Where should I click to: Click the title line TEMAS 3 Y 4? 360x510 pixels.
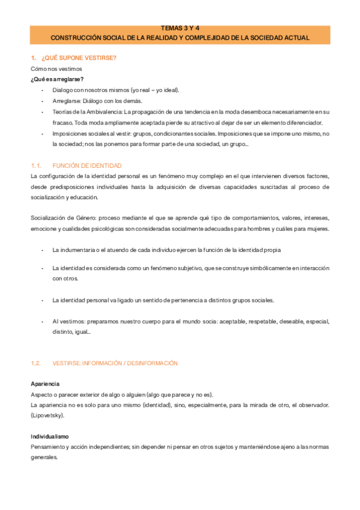(180, 28)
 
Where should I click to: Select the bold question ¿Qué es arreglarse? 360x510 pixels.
(57, 79)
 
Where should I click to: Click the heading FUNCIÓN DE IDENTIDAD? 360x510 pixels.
(87, 165)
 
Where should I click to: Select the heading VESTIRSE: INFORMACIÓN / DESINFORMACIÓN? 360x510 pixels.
(115, 363)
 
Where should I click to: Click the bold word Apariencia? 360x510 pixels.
(45, 384)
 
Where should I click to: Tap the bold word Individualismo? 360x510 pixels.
(49, 436)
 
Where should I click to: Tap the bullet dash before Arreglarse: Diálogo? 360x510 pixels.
(42, 101)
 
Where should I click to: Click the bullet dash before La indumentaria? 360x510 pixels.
(42, 250)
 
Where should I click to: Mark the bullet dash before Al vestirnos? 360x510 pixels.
(42, 322)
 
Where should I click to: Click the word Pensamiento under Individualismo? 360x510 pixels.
(49, 447)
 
